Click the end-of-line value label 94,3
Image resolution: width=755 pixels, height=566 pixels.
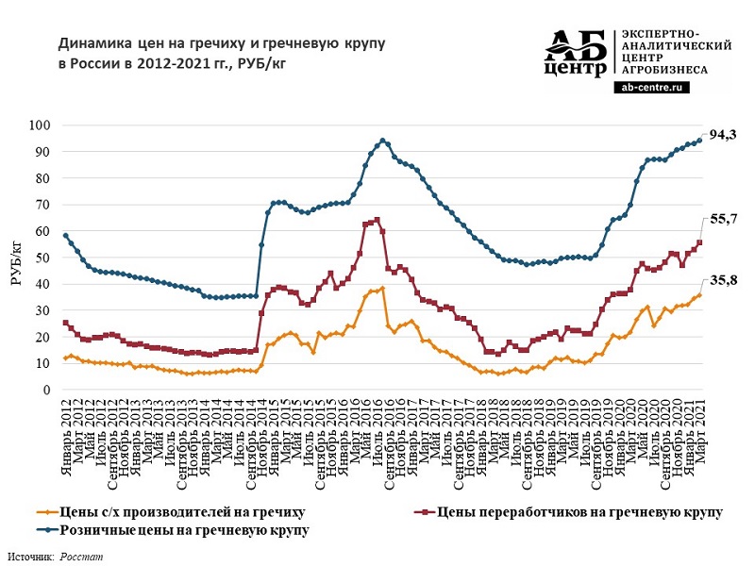(722, 135)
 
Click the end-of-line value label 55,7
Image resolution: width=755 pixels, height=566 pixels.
(723, 218)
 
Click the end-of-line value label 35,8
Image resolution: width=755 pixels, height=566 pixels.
(723, 281)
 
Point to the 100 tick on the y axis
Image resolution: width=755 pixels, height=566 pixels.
(42, 125)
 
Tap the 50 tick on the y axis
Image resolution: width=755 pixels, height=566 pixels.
(44, 258)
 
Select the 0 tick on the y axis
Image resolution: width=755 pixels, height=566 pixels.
(48, 390)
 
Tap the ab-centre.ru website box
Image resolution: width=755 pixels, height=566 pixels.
(651, 87)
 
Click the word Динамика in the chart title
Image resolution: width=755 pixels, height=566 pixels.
(91, 44)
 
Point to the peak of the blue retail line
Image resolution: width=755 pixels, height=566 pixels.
(383, 141)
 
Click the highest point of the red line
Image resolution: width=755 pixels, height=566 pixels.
(377, 220)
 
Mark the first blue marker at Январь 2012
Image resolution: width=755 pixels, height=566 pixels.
(65, 236)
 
